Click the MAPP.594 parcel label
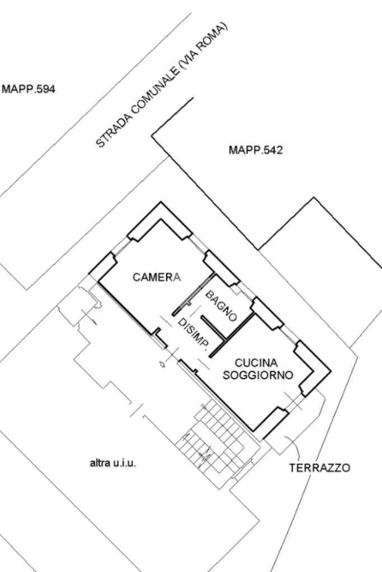29,89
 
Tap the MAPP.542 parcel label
256,150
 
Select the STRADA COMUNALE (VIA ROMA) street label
163,85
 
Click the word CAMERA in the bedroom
157,277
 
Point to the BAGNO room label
221,306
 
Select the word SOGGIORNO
258,375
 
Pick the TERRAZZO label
320,468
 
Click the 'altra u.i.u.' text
113,463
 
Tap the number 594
45,89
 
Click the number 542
272,150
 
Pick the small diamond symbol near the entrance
162,364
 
